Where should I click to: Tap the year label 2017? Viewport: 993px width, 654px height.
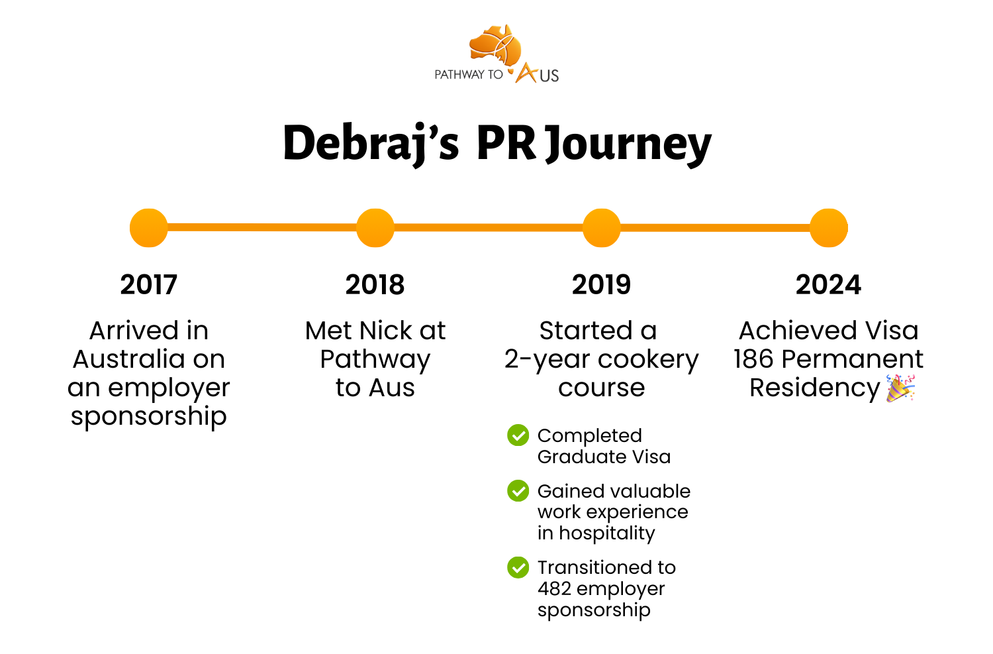point(149,285)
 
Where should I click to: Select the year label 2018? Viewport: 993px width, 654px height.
point(375,285)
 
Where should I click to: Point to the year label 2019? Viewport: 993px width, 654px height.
point(601,285)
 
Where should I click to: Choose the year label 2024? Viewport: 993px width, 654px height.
point(828,285)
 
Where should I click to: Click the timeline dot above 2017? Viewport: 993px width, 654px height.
point(149,228)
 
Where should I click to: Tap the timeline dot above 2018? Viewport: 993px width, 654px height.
point(375,228)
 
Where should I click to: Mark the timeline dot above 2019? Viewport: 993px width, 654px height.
point(602,228)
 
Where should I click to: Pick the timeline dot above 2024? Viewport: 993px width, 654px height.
point(829,228)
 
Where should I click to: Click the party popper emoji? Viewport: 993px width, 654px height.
point(900,388)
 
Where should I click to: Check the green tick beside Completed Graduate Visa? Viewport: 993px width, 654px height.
point(518,435)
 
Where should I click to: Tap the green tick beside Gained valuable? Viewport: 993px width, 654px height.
point(518,491)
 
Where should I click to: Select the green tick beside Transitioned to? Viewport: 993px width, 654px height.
point(518,567)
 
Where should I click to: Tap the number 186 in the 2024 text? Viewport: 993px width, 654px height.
point(753,359)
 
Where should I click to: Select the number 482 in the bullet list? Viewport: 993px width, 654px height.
point(554,588)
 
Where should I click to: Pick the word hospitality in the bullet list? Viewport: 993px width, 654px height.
point(607,533)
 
